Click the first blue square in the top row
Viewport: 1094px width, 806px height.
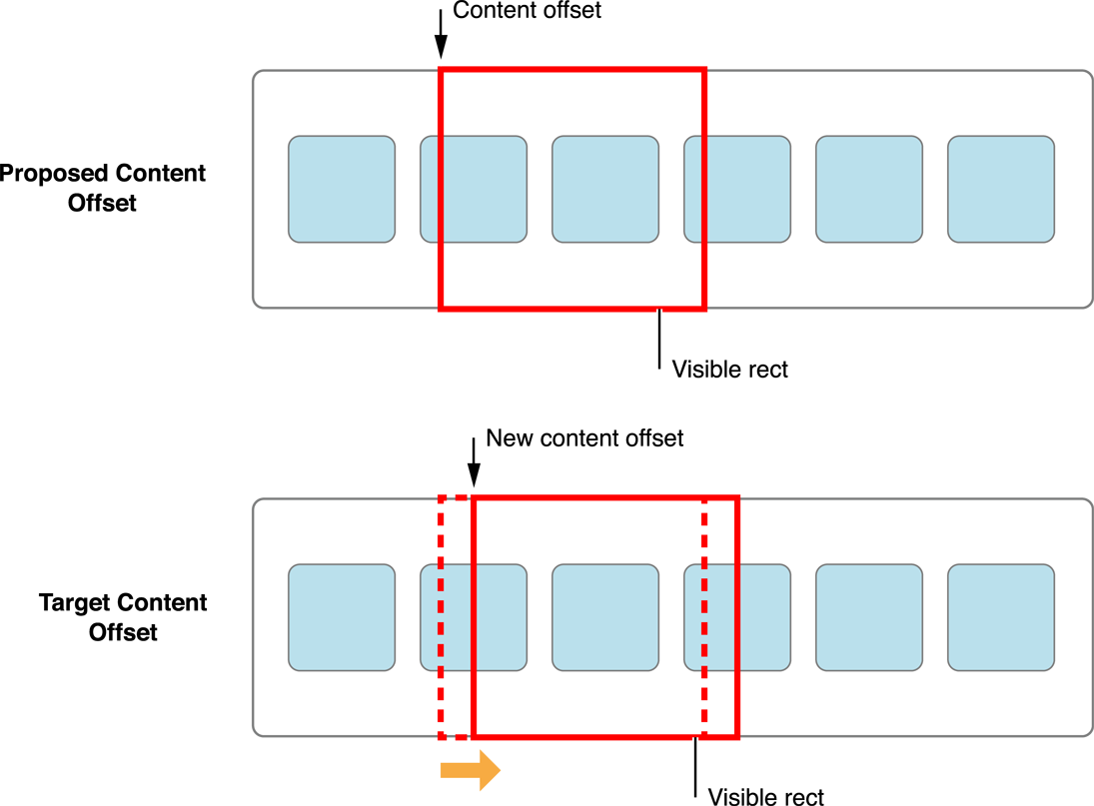point(342,189)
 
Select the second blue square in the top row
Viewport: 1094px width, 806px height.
point(474,189)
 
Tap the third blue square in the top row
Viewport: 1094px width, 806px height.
point(605,189)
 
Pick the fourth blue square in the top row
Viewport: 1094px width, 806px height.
point(737,189)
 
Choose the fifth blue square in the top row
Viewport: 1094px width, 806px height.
point(869,189)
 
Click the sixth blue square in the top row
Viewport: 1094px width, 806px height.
point(1001,189)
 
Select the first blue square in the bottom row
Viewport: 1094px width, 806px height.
point(342,617)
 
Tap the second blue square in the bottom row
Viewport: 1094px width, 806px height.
point(474,617)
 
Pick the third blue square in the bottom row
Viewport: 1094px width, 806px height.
point(605,617)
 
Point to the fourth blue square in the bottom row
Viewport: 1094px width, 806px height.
point(737,617)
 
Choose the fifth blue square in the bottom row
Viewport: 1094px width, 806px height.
point(869,617)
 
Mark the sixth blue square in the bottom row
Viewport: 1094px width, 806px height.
point(1001,617)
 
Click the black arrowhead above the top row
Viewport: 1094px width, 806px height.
point(441,48)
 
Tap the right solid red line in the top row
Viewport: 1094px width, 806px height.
point(704,189)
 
